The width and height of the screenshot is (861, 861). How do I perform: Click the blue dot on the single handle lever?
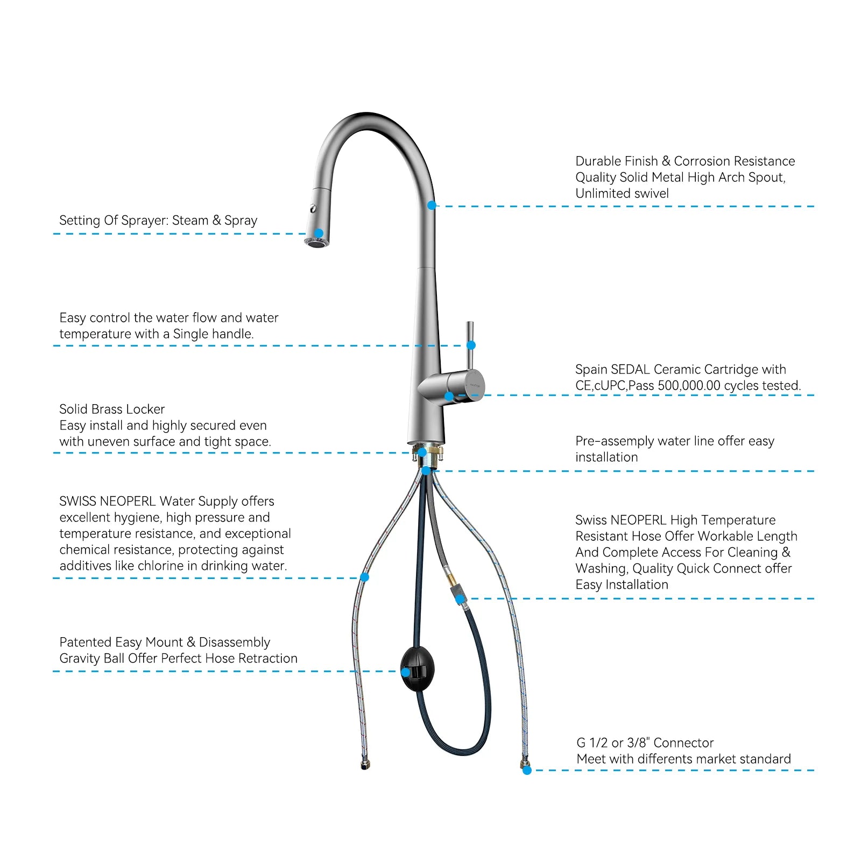pos(471,345)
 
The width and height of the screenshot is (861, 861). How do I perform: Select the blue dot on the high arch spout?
pos(432,205)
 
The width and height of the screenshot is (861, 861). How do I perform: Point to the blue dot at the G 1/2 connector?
pos(527,770)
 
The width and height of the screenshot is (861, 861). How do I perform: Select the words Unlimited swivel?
pos(622,194)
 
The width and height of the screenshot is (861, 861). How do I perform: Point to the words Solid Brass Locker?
pos(112,410)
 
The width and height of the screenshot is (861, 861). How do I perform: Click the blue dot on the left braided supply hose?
pos(364,577)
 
